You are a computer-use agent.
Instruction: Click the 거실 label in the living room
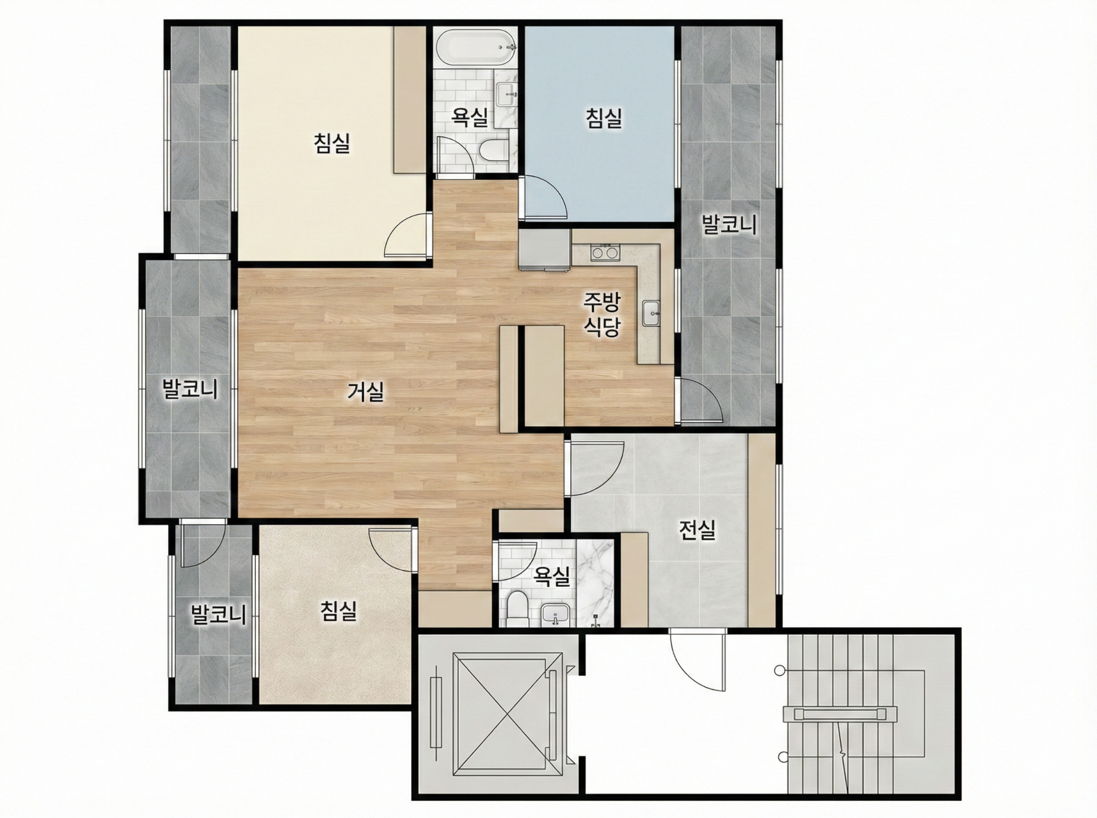(366, 392)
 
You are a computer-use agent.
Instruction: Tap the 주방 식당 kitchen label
(602, 314)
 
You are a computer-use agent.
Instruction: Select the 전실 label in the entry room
(697, 530)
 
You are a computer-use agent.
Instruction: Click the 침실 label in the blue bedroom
(604, 118)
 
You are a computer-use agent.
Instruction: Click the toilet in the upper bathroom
(491, 150)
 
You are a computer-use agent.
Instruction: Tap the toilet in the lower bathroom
(517, 607)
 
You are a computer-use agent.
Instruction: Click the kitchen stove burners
(604, 251)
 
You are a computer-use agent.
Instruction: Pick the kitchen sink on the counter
(651, 313)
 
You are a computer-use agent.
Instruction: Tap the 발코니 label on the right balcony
(729, 225)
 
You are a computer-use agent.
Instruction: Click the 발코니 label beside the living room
(190, 389)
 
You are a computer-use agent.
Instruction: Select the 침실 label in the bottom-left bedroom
(338, 611)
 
